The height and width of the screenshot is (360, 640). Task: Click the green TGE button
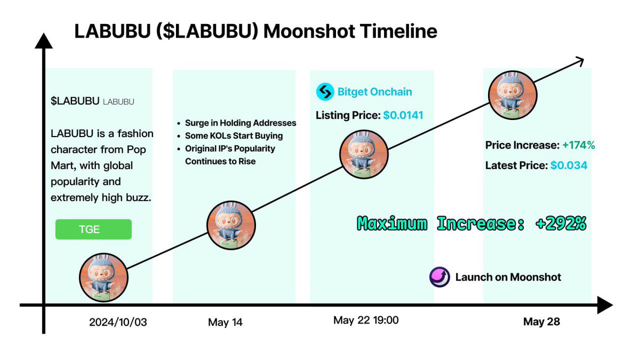pos(93,229)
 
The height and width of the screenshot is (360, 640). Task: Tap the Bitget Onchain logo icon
pos(324,92)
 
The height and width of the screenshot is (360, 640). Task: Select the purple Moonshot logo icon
pos(439,277)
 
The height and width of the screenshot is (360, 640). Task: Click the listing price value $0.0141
pos(403,115)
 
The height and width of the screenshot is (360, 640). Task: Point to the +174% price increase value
pos(577,145)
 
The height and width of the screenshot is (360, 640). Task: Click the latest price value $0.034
pos(569,165)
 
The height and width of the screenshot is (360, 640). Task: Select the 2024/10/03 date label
pos(118,322)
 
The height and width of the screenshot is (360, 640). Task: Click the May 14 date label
pos(225,322)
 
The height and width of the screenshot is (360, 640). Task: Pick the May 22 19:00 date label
pos(366,320)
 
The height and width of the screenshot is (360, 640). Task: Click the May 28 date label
pos(541,322)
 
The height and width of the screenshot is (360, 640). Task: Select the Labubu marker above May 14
pos(231,226)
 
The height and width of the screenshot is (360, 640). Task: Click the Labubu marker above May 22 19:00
pos(364,155)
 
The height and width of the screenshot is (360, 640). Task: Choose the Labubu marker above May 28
pos(513,96)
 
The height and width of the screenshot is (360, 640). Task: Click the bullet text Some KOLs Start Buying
pos(234,135)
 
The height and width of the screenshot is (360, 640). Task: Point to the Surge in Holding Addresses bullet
pos(240,123)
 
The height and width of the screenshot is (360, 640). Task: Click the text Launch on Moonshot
pos(508,277)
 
